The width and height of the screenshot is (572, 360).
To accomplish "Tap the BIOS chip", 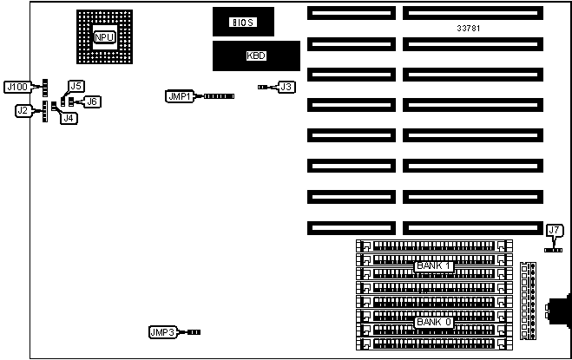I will [243, 22].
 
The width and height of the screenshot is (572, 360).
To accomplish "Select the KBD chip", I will [257, 55].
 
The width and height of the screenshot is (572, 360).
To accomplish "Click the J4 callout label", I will [68, 118].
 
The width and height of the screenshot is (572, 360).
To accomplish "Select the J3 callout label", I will [286, 87].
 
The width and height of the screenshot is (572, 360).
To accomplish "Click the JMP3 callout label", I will [163, 332].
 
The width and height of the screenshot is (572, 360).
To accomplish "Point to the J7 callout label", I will [555, 230].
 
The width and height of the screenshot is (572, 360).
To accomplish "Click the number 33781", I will [469, 29].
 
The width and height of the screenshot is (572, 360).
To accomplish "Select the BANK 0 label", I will [434, 322].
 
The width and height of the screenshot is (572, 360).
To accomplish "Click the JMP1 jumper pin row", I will [219, 96].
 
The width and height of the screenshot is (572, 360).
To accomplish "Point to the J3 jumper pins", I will [264, 87].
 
